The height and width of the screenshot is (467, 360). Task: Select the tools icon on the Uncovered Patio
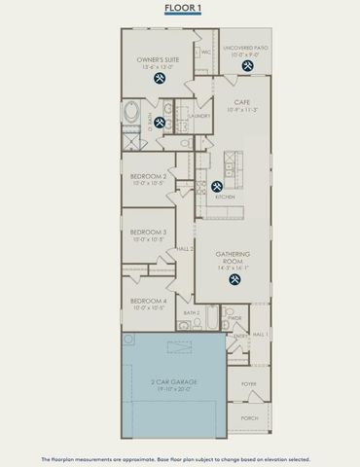(248, 67)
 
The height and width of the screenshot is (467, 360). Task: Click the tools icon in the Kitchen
(216, 186)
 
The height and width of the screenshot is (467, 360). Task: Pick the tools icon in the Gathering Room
(234, 279)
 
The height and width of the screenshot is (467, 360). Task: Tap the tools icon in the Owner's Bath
(159, 122)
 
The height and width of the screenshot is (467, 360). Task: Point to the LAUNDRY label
(200, 116)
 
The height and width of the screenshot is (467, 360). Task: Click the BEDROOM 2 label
(150, 177)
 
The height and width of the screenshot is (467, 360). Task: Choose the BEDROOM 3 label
(150, 233)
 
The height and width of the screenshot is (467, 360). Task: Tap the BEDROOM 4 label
(150, 302)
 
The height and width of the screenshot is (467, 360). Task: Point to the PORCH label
(249, 418)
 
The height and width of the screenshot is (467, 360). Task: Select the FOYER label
(249, 384)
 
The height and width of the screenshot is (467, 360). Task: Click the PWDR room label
(234, 317)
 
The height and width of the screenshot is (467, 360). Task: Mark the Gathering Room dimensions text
(234, 267)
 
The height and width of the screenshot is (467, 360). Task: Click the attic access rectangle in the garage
(177, 345)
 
